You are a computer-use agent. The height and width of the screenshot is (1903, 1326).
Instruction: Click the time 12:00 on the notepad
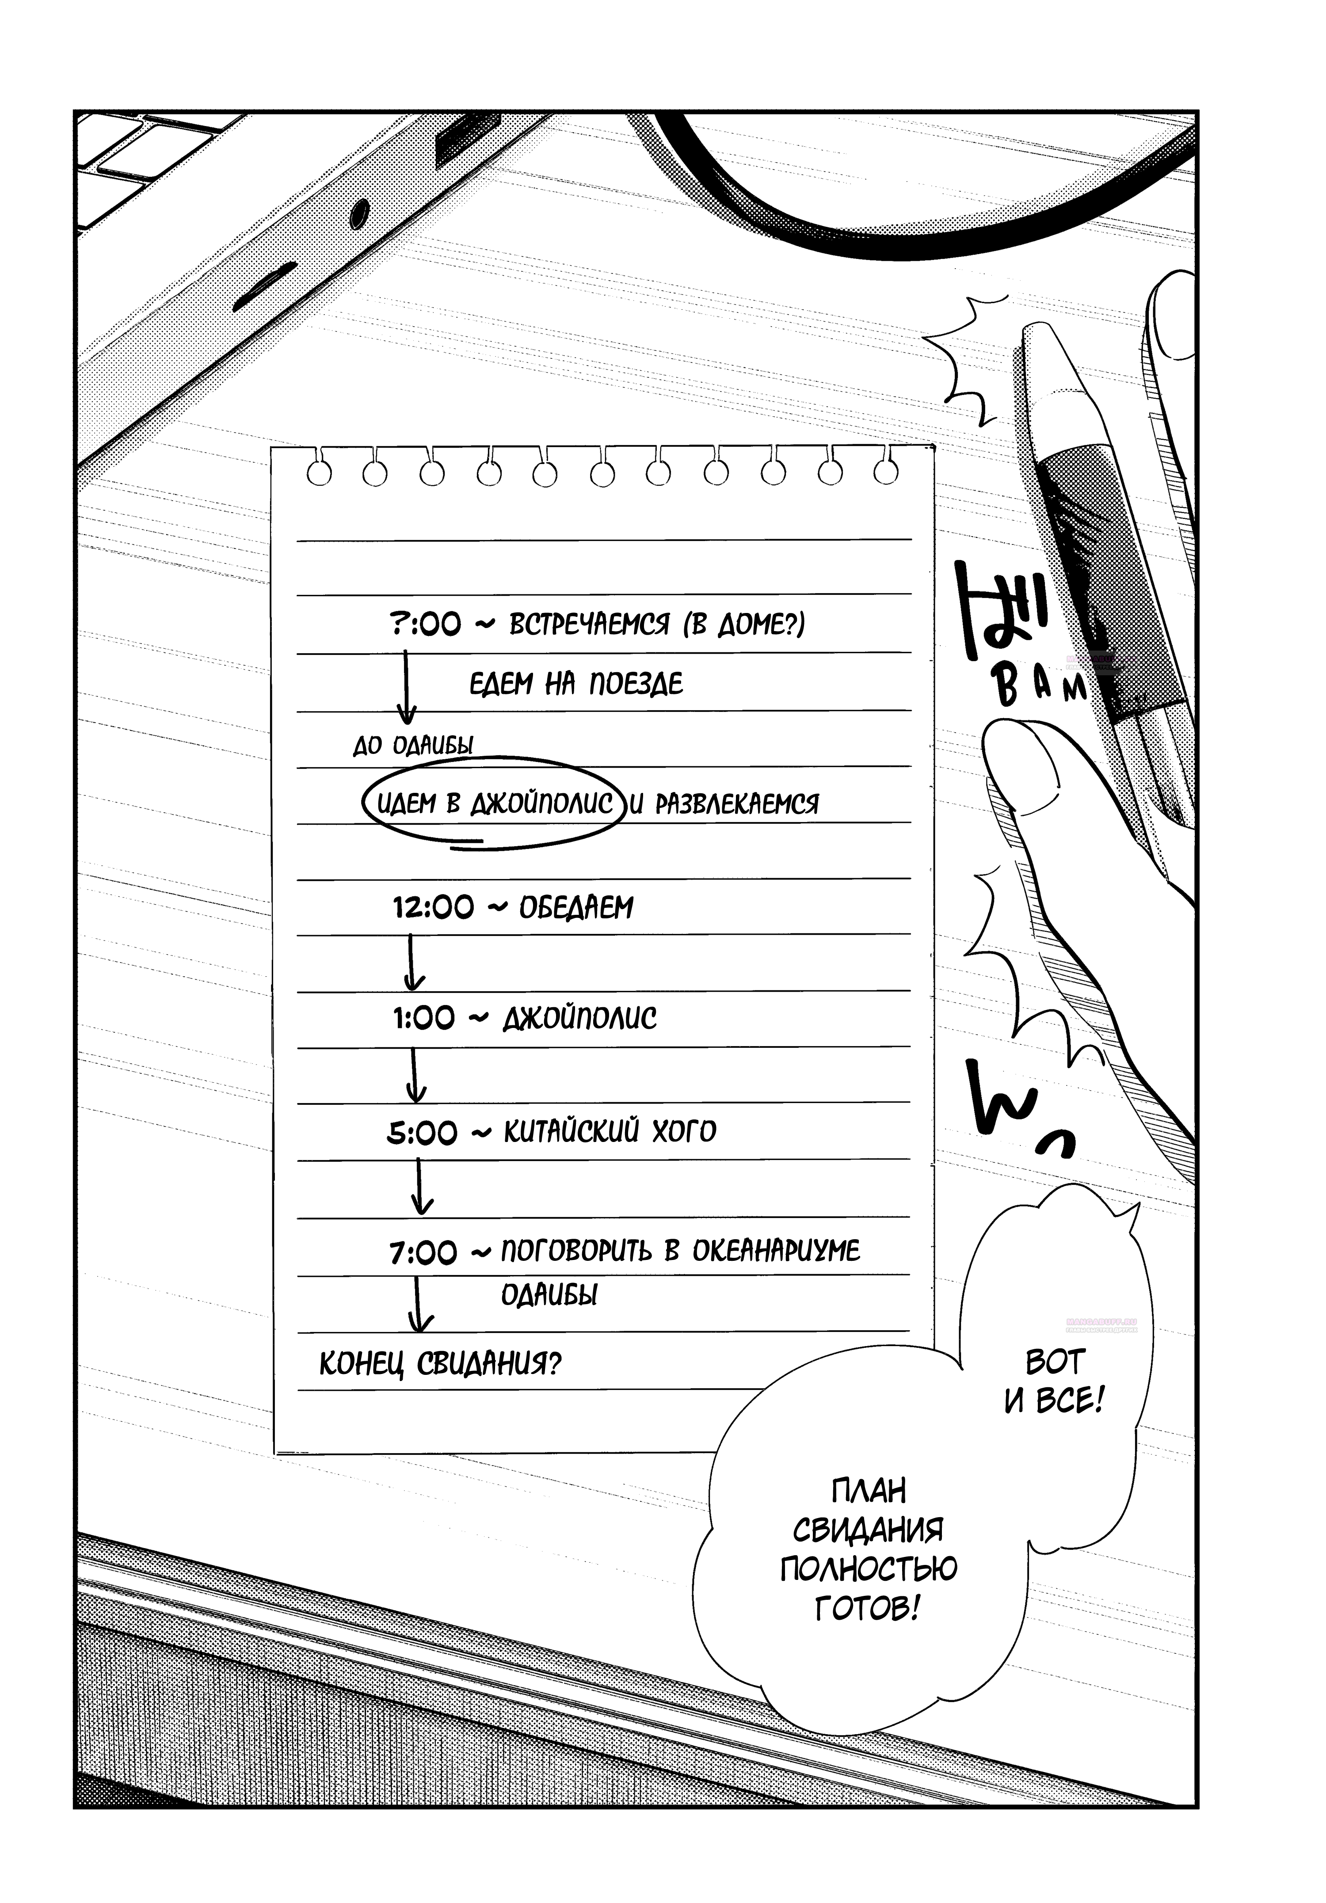point(433,908)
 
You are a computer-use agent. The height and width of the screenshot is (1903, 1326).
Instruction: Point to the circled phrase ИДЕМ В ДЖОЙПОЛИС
point(495,802)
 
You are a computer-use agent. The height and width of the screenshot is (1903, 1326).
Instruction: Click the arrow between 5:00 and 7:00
point(421,1187)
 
